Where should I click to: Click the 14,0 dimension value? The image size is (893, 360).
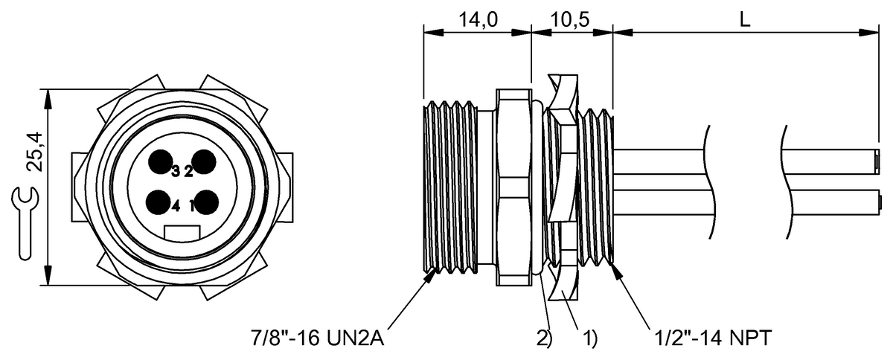[478, 19]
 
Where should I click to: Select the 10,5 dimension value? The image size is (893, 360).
[570, 19]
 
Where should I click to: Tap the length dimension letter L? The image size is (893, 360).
[745, 19]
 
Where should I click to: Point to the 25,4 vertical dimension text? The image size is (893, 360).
[35, 152]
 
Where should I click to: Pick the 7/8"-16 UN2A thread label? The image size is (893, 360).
[317, 338]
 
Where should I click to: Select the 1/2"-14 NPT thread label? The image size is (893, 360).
[713, 338]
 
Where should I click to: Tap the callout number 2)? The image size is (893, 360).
[544, 338]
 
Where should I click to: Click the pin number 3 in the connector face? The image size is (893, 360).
[176, 171]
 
